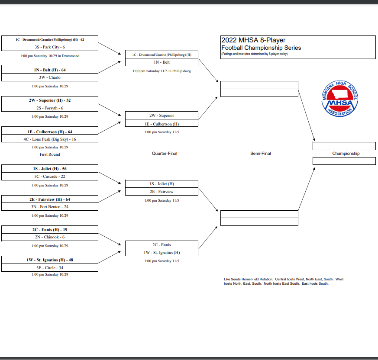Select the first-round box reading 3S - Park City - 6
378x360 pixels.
click(x=50, y=47)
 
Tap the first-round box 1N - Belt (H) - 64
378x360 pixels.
click(x=50, y=70)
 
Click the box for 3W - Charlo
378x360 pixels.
click(x=50, y=77)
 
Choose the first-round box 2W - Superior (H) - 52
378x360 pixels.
click(x=50, y=100)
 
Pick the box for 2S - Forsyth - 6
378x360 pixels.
click(x=50, y=108)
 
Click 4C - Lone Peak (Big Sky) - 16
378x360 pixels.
click(x=50, y=139)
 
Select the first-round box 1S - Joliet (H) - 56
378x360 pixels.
click(x=50, y=169)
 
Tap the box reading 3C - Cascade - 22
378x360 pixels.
click(x=50, y=177)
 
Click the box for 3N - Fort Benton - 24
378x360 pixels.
click(x=50, y=207)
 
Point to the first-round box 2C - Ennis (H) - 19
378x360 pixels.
click(x=50, y=229)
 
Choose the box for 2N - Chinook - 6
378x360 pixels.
click(x=50, y=237)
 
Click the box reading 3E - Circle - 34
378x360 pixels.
click(x=50, y=268)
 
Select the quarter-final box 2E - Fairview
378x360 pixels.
click(x=162, y=192)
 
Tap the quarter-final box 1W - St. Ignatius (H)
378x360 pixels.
click(x=162, y=252)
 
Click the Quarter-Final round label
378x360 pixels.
click(x=164, y=154)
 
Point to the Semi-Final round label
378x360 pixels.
click(x=260, y=154)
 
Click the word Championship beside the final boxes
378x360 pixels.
click(x=346, y=154)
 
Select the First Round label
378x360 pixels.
click(x=50, y=154)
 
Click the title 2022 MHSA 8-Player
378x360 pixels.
click(x=253, y=40)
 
